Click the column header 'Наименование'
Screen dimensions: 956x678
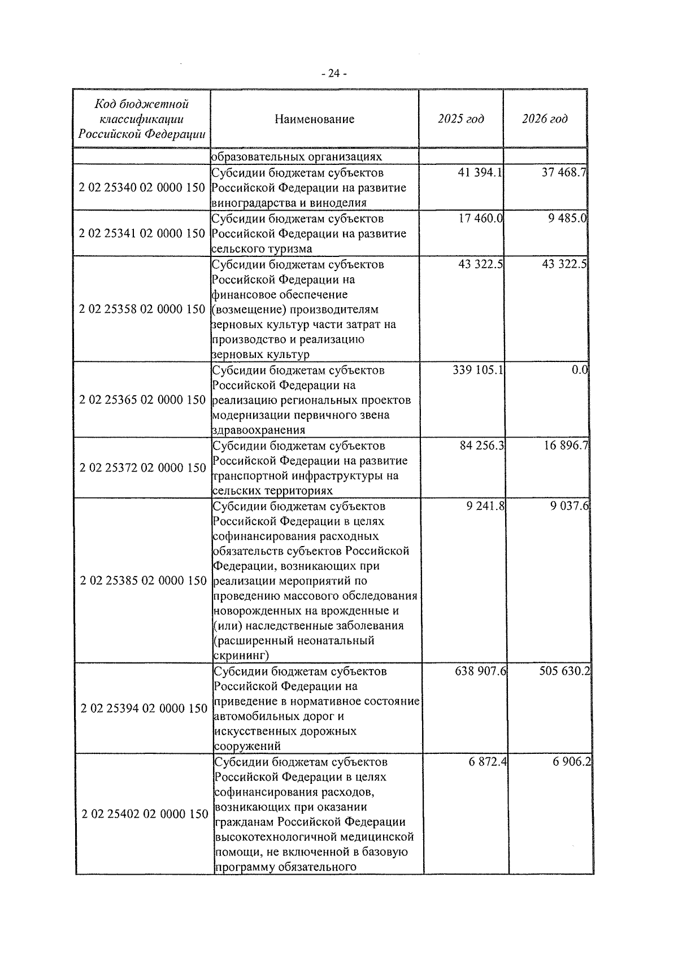pyautogui.click(x=315, y=119)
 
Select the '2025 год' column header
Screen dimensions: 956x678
pyautogui.click(x=460, y=119)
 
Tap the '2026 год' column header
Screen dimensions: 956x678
pyautogui.click(x=545, y=119)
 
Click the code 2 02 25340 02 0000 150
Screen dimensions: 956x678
pyautogui.click(x=142, y=187)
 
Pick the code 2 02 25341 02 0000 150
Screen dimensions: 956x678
pyautogui.click(x=142, y=233)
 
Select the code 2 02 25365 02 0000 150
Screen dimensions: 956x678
pyautogui.click(x=142, y=400)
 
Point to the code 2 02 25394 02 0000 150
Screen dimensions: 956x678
pyautogui.click(x=144, y=709)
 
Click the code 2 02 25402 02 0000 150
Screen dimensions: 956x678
pyautogui.click(x=145, y=814)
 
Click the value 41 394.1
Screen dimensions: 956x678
pyautogui.click(x=480, y=173)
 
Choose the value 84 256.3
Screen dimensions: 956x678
pyautogui.click(x=482, y=446)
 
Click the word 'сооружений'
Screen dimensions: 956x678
pyautogui.click(x=247, y=747)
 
